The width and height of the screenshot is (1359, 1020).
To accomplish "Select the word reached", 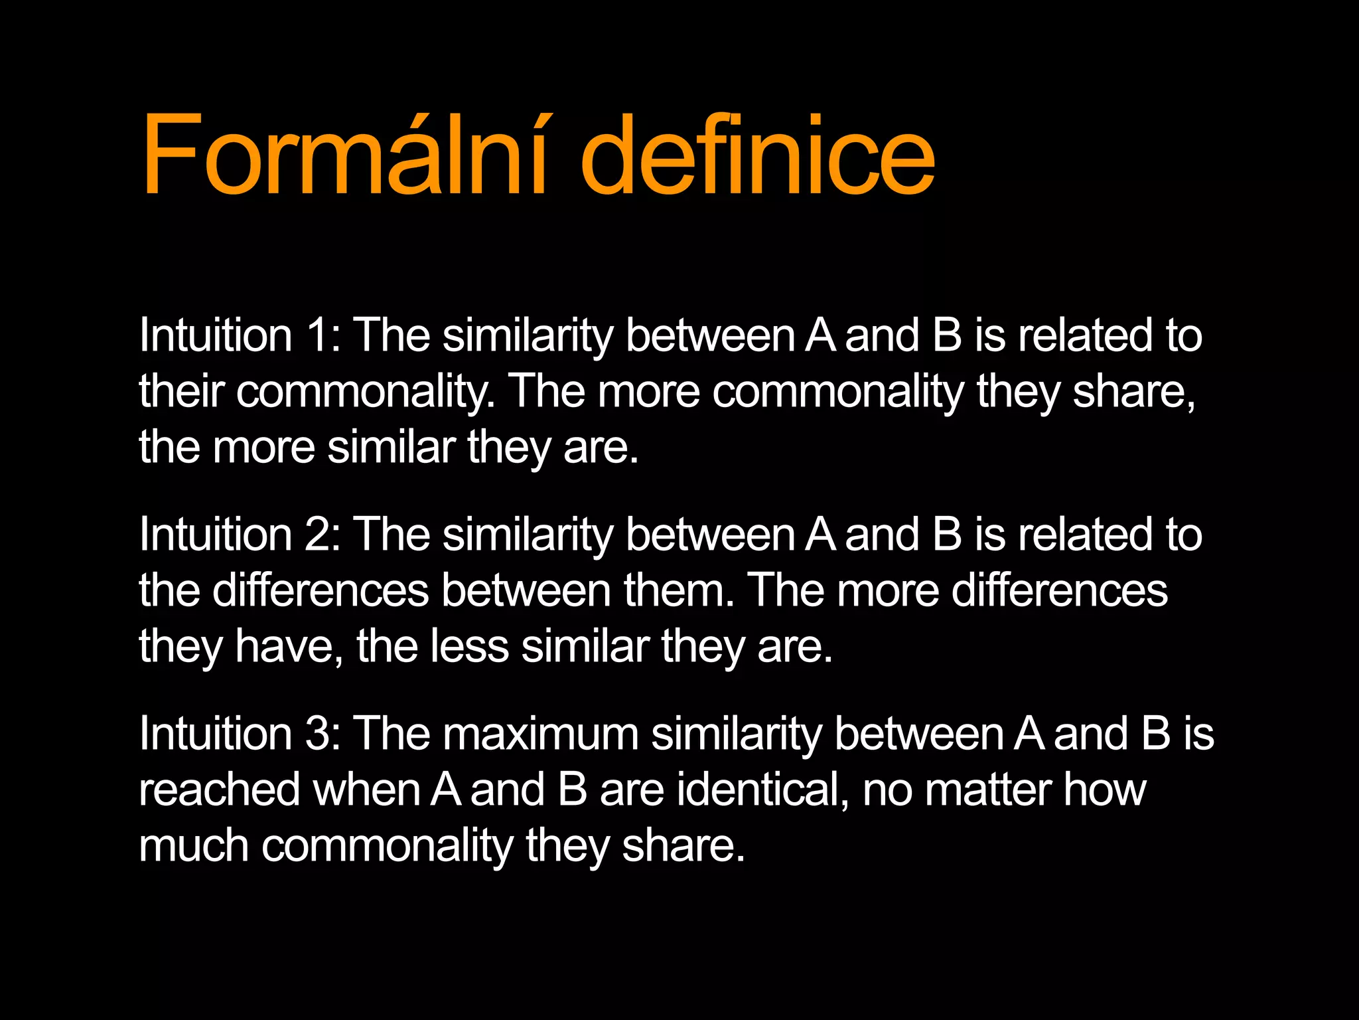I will pos(219,790).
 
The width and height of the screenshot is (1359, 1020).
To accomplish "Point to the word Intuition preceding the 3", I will pos(216,734).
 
